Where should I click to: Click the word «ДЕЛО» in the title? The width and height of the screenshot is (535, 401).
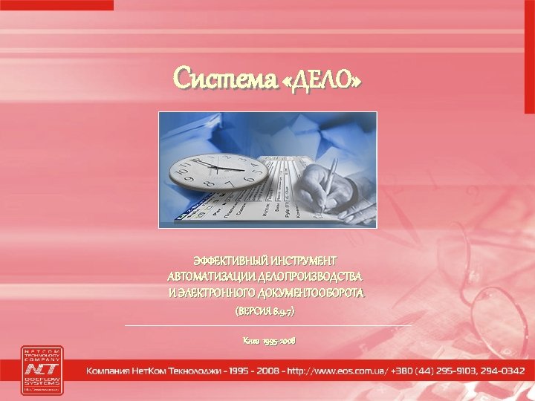tap(324, 78)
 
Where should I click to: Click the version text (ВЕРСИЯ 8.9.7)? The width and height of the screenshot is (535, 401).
tap(265, 313)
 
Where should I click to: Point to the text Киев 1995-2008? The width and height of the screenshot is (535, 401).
tap(268, 340)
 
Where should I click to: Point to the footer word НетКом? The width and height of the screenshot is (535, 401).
tap(149, 370)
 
